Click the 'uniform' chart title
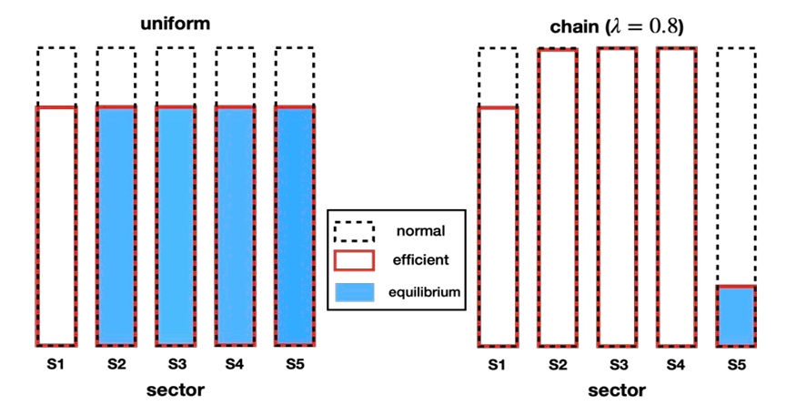pyautogui.click(x=175, y=24)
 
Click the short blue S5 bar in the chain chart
pyautogui.click(x=736, y=316)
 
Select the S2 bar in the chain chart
pyautogui.click(x=558, y=197)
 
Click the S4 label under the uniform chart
pyautogui.click(x=235, y=365)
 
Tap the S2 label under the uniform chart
pyautogui.click(x=116, y=365)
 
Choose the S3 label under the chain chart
pyautogui.click(x=617, y=366)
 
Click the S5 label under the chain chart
pyautogui.click(x=736, y=366)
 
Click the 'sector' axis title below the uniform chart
pyautogui.click(x=176, y=390)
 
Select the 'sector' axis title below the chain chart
pyautogui.click(x=617, y=390)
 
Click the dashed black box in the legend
pyautogui.click(x=355, y=230)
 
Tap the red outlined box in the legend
pyautogui.click(x=355, y=260)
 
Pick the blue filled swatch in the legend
pyautogui.click(x=355, y=292)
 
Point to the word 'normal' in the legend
pyautogui.click(x=419, y=230)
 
